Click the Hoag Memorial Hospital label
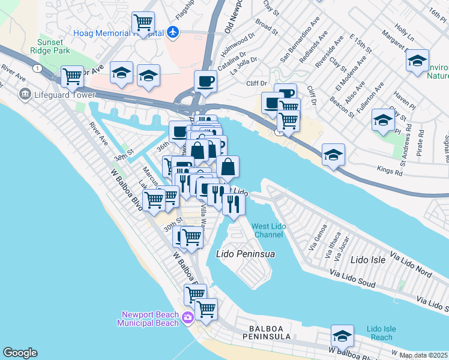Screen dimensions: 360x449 click(x=118, y=34)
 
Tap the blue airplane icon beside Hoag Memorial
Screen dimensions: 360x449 click(x=174, y=31)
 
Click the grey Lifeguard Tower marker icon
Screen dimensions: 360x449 click(x=25, y=94)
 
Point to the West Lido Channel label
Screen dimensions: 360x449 click(x=267, y=230)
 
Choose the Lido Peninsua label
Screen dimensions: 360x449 click(x=245, y=254)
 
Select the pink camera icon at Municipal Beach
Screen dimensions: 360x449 click(x=188, y=317)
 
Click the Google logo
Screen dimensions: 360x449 click(x=20, y=353)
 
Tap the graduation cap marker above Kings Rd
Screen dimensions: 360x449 click(x=333, y=155)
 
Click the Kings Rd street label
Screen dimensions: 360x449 click(x=389, y=172)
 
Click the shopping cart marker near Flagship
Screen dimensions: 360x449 click(x=143, y=23)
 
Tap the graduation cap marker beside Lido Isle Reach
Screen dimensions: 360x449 click(x=342, y=335)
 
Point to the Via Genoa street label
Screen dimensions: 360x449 click(x=317, y=240)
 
